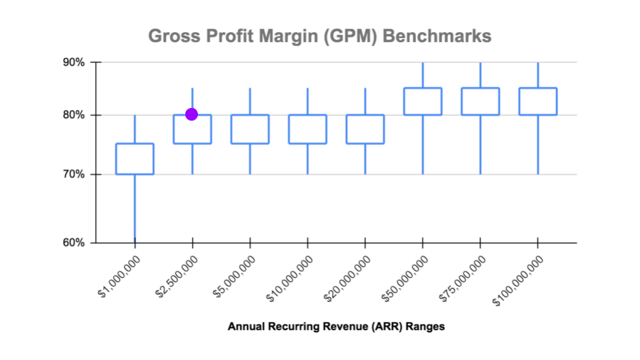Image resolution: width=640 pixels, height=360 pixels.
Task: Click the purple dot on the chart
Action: pos(191,114)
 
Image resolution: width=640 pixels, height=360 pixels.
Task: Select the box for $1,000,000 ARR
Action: pos(135,159)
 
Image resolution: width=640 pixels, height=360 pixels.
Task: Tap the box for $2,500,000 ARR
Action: pos(192,129)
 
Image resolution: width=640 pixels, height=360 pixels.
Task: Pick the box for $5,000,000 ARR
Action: pos(250,129)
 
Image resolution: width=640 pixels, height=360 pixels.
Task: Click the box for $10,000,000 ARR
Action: pos(307,129)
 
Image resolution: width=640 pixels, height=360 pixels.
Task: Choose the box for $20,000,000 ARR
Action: pos(365,129)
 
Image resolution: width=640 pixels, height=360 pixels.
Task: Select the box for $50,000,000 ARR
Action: pos(423,101)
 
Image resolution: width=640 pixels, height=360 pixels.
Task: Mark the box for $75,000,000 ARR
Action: pos(480,101)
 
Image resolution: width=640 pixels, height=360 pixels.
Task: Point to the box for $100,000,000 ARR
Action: pos(538,101)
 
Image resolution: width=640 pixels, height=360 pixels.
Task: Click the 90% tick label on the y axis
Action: pos(74,62)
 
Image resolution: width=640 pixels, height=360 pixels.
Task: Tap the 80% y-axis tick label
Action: pos(74,115)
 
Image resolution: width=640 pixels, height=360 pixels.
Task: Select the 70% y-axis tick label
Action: pos(74,175)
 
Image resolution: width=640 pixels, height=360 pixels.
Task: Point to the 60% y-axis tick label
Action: pos(74,243)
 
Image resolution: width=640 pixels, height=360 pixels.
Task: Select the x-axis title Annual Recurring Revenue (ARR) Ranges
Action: pos(336,327)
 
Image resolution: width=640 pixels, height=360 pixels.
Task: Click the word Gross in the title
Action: pos(169,35)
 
